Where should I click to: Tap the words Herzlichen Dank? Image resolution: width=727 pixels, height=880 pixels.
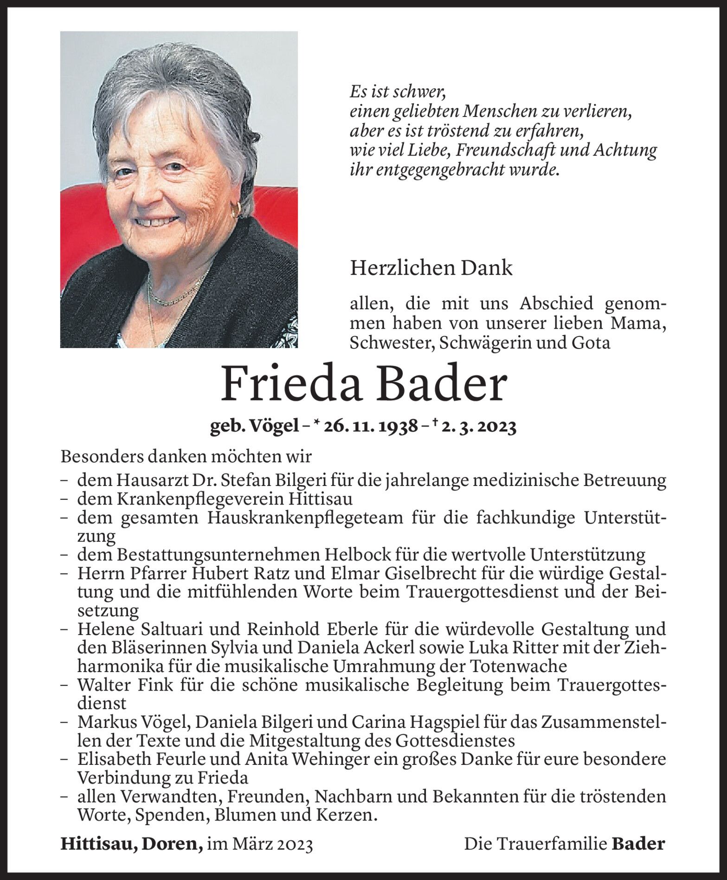pyautogui.click(x=431, y=268)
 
